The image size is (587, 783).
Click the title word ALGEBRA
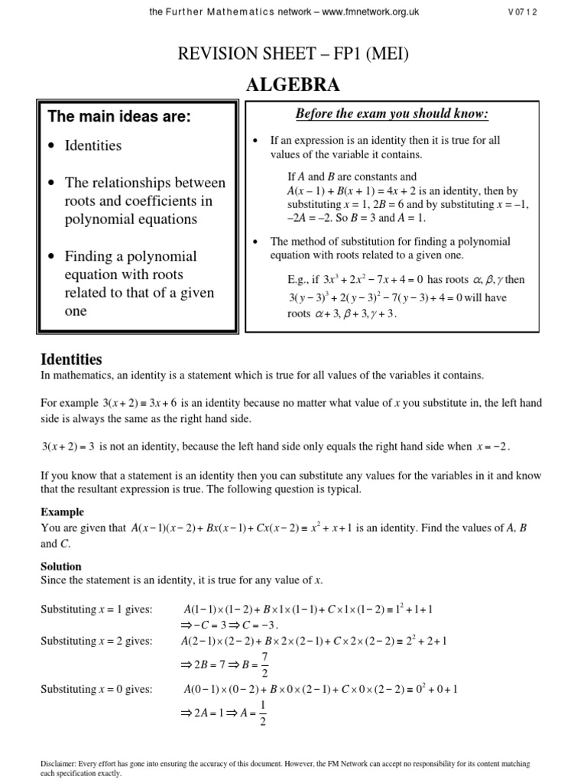point(293,85)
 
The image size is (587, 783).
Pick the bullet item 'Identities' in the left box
point(92,145)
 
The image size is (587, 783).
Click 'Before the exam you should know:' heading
point(391,115)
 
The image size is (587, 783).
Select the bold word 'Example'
point(62,512)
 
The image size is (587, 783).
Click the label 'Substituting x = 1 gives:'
point(96,609)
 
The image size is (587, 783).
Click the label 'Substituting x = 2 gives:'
point(96,641)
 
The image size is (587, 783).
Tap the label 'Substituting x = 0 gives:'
point(96,689)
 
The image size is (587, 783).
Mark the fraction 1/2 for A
point(264,712)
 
